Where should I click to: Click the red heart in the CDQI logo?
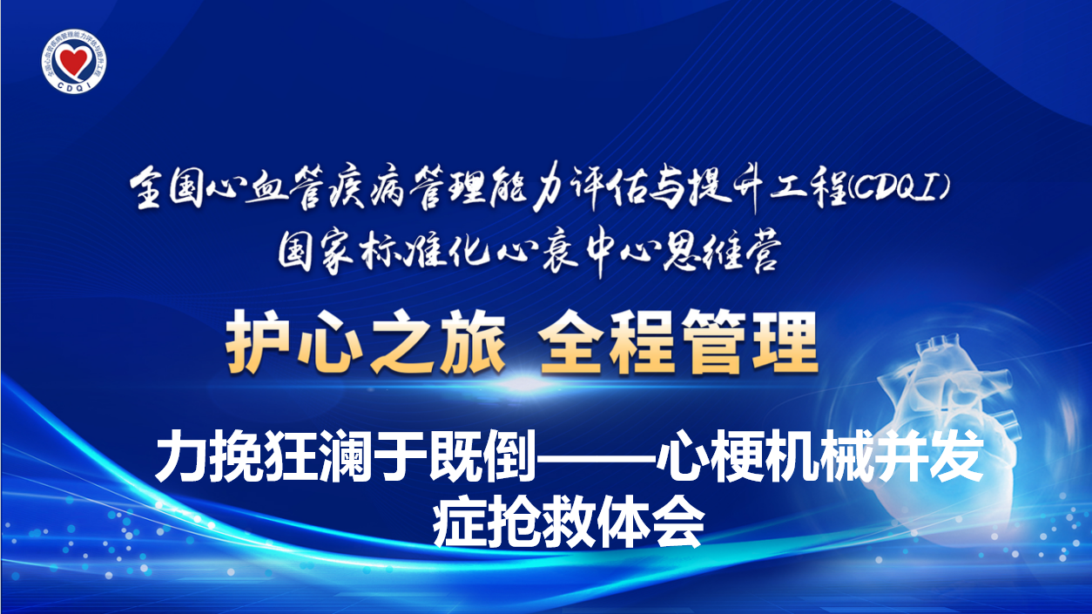point(74,58)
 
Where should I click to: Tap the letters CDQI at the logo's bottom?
point(74,86)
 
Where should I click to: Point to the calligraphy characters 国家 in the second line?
point(317,253)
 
